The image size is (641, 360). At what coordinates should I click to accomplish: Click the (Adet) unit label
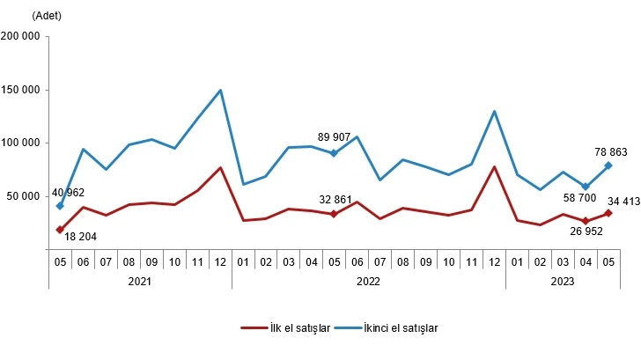(46, 16)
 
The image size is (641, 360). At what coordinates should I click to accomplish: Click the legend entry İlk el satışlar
(285, 327)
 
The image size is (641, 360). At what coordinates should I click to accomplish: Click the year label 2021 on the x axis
(139, 282)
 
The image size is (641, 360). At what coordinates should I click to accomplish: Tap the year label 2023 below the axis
(563, 282)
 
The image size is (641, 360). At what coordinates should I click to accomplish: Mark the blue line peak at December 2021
(220, 90)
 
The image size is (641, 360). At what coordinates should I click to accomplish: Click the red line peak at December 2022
(494, 166)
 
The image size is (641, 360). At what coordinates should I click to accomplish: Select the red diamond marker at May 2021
(59, 230)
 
